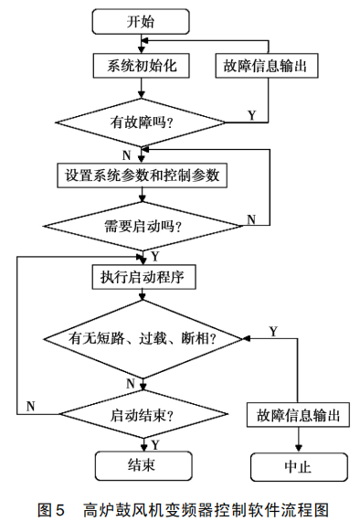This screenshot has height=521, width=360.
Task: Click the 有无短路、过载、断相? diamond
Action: (142, 339)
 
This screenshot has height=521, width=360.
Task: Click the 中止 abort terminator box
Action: (297, 466)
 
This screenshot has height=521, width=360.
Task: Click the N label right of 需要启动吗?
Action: (251, 219)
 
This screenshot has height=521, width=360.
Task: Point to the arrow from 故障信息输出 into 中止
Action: (297, 440)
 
